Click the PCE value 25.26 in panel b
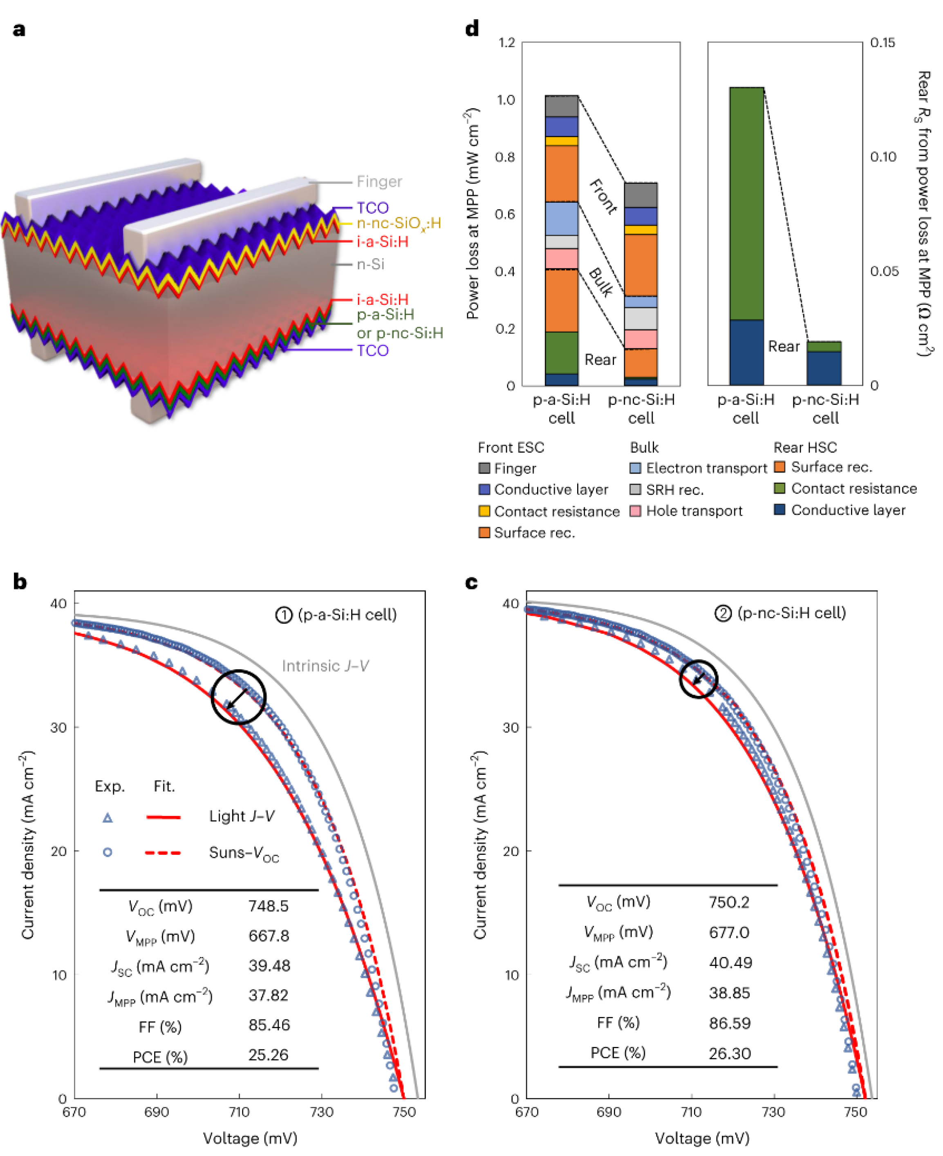tap(268, 1055)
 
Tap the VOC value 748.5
tap(268, 906)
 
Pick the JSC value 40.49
tap(730, 963)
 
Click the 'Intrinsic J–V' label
tap(325, 666)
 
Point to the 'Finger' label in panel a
tap(379, 181)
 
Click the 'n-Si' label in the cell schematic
tap(370, 264)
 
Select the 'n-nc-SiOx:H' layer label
tap(399, 223)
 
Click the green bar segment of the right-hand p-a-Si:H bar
tap(746, 203)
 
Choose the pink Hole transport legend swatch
tap(635, 511)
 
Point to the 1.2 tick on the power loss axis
tap(506, 42)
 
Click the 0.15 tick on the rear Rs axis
tap(882, 42)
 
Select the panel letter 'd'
tap(472, 28)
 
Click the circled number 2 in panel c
tap(722, 614)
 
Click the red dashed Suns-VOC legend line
tap(163, 852)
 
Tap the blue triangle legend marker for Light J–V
tap(108, 818)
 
